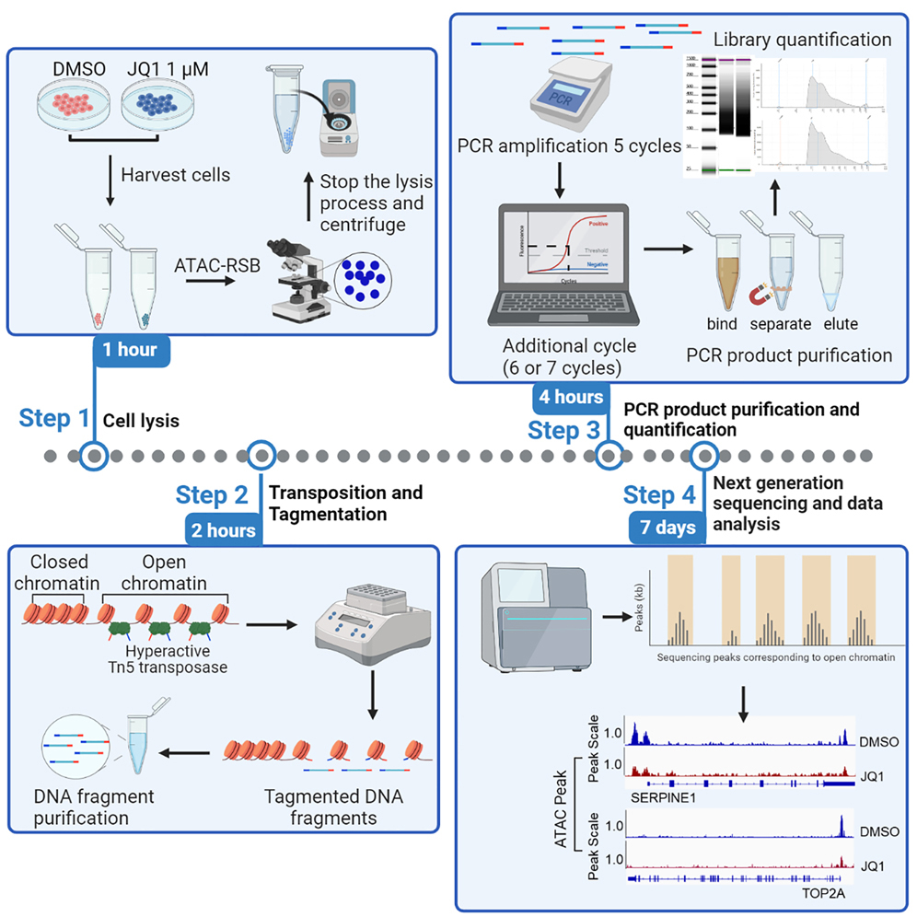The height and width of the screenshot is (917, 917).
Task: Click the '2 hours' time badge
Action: pos(221,530)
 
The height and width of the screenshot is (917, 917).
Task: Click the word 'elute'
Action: pos(841,324)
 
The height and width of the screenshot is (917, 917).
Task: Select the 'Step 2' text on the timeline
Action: pos(212,495)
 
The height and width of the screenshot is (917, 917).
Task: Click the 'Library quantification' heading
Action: pos(803,40)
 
